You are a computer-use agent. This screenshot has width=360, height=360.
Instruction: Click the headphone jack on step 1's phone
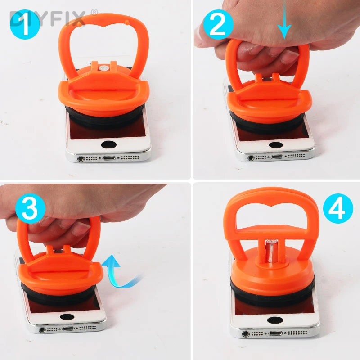[x=81, y=158]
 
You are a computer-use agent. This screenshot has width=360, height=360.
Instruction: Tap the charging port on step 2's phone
[x=276, y=157]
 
